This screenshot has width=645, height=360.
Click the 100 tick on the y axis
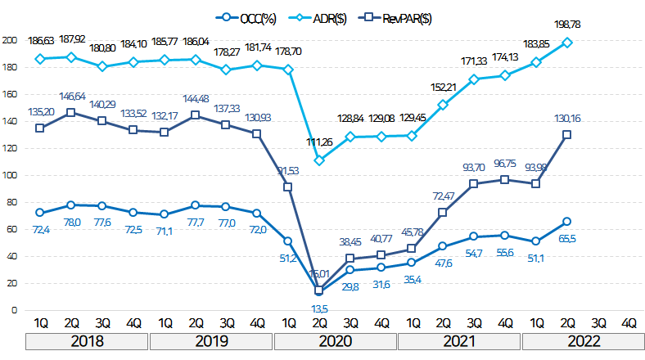[9, 175]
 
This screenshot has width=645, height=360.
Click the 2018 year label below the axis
[87, 340]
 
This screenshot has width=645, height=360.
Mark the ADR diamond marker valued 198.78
[566, 42]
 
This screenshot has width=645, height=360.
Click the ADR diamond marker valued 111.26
[319, 160]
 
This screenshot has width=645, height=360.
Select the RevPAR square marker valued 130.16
[566, 135]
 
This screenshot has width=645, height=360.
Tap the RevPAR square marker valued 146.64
[71, 112]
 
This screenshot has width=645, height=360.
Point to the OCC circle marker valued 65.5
[566, 222]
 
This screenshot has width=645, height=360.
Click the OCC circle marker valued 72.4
[40, 213]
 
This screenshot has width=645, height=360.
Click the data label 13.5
[320, 308]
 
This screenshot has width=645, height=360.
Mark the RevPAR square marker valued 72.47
[443, 213]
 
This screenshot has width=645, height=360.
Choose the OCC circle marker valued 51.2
[288, 241]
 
